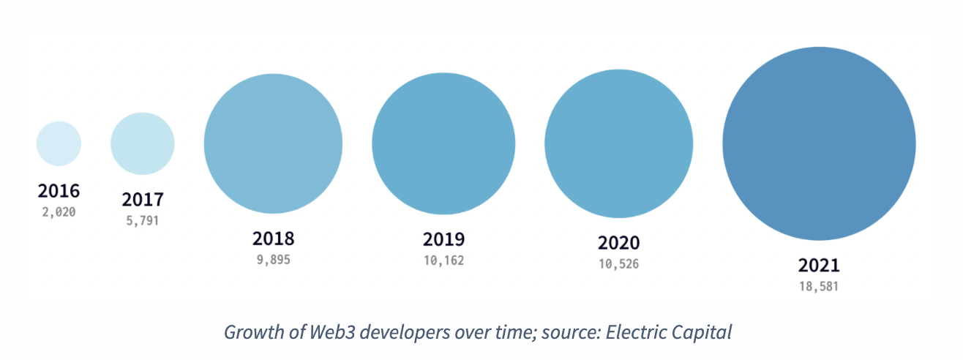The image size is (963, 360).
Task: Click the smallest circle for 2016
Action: (x=59, y=143)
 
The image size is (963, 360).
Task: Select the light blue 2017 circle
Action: (x=143, y=143)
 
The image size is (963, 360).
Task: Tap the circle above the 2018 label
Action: (x=273, y=143)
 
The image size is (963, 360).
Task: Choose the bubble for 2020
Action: (x=618, y=143)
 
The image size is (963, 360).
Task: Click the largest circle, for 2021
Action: (x=819, y=143)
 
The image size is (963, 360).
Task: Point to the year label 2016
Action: (x=59, y=192)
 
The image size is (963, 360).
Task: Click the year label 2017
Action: (x=143, y=199)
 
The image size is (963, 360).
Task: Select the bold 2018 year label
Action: (x=273, y=239)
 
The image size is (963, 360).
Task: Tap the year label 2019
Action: (x=443, y=239)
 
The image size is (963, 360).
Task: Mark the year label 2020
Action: (x=618, y=243)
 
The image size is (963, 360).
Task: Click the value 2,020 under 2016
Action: (x=59, y=211)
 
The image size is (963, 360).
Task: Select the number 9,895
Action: (x=273, y=258)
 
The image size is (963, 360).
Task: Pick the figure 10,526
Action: (x=618, y=263)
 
